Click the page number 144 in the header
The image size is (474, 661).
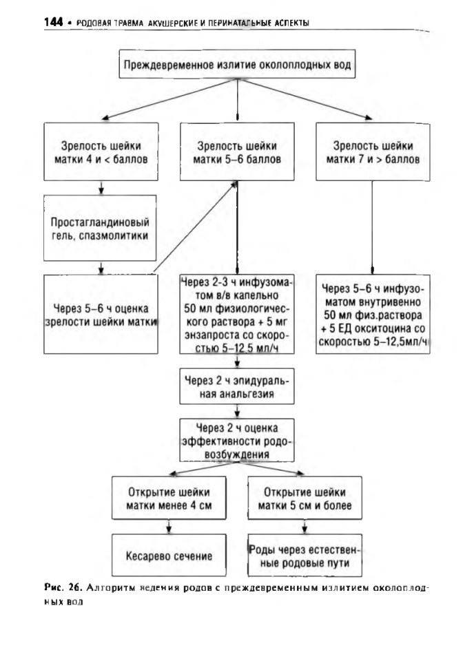[x=53, y=21]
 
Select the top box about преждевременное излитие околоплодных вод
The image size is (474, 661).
[x=237, y=64]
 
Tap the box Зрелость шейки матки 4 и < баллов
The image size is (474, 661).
[x=101, y=151]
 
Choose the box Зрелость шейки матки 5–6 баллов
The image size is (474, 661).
[x=237, y=151]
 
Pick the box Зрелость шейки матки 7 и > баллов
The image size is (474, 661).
[x=373, y=151]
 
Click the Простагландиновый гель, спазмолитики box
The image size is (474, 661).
[x=100, y=228]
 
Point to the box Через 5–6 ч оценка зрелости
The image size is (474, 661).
[x=101, y=314]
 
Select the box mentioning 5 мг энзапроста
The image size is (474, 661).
[x=237, y=314]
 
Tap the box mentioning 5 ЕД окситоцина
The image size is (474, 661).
[x=373, y=314]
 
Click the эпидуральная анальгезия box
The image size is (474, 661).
[x=237, y=386]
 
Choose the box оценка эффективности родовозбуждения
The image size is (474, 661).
[x=237, y=440]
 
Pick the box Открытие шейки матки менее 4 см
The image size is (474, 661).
[x=169, y=498]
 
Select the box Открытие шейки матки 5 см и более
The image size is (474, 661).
[x=305, y=498]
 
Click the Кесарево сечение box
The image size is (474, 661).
[x=169, y=555]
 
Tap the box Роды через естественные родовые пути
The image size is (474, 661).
[x=305, y=555]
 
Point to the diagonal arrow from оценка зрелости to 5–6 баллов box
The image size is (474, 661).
[x=195, y=228]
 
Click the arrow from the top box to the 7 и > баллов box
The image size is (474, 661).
[x=304, y=99]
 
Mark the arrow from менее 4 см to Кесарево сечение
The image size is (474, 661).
[x=169, y=527]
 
